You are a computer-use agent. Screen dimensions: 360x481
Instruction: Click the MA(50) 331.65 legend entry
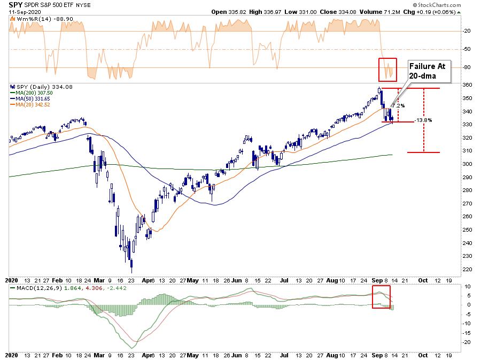[x=30, y=99]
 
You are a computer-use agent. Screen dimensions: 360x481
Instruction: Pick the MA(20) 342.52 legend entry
[x=30, y=105]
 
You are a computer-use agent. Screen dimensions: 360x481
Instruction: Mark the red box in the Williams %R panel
[x=388, y=69]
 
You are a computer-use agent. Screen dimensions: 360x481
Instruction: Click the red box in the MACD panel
[x=382, y=297]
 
